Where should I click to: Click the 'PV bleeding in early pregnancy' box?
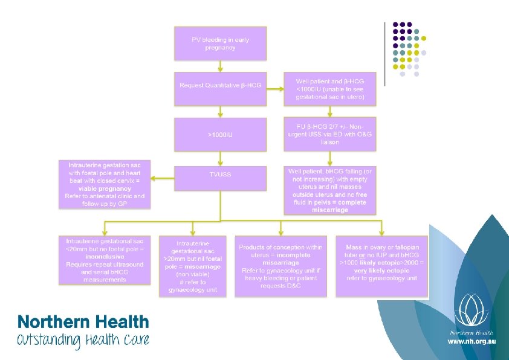point(220,43)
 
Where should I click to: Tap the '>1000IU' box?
point(220,134)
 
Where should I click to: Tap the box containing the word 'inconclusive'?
point(105,260)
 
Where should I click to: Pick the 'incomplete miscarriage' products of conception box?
point(280,266)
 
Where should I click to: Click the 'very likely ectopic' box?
point(382,266)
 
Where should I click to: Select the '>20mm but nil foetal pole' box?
point(192,266)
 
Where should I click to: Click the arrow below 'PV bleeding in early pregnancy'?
point(220,66)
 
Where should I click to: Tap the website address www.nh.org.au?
point(471,342)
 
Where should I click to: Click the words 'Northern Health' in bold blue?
point(83,322)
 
